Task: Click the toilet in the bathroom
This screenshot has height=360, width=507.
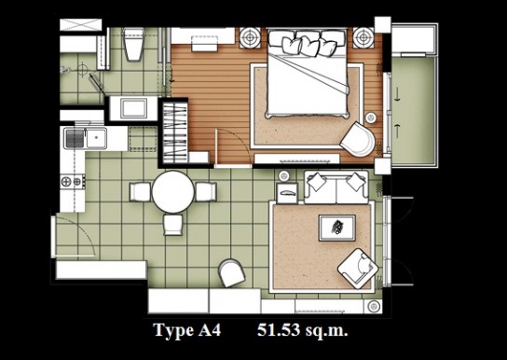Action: [x=133, y=45]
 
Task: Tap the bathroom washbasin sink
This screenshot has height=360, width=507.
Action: [x=133, y=108]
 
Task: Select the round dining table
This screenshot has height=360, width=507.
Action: [x=173, y=192]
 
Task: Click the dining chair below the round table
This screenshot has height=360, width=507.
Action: [x=173, y=225]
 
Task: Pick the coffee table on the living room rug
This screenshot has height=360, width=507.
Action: [x=337, y=228]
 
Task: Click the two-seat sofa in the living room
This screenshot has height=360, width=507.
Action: [x=336, y=187]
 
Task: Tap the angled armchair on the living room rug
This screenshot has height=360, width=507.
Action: [x=358, y=269]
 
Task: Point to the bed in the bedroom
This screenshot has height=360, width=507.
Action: [x=308, y=74]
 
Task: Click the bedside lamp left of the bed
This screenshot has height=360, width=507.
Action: [x=250, y=37]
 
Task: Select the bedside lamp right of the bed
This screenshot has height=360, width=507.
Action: [x=363, y=37]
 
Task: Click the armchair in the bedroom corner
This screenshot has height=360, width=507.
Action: [x=358, y=139]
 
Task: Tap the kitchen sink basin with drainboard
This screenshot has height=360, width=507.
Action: [x=86, y=138]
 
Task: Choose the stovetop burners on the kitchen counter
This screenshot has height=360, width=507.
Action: [x=73, y=182]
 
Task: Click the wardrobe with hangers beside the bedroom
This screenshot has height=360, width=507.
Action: [x=174, y=133]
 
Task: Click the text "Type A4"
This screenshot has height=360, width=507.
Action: [x=187, y=331]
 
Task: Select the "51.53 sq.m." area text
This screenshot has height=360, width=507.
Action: [x=303, y=331]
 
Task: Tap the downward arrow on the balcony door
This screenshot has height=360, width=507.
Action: [x=397, y=95]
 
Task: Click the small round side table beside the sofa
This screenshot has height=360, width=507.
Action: [x=284, y=176]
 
